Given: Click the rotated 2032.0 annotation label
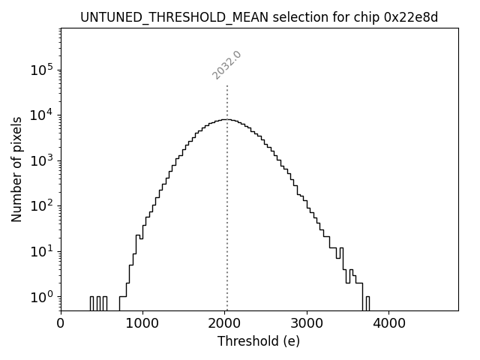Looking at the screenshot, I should tap(226, 65).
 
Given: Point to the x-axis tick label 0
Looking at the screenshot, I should tap(61, 324).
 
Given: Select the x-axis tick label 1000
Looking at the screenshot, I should tap(142, 324).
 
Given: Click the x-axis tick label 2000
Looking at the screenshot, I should tap(225, 324).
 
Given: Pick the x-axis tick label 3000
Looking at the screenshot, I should tap(307, 324).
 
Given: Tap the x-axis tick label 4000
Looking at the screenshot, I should tap(389, 324).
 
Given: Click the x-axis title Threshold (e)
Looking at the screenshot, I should tap(259, 341).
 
